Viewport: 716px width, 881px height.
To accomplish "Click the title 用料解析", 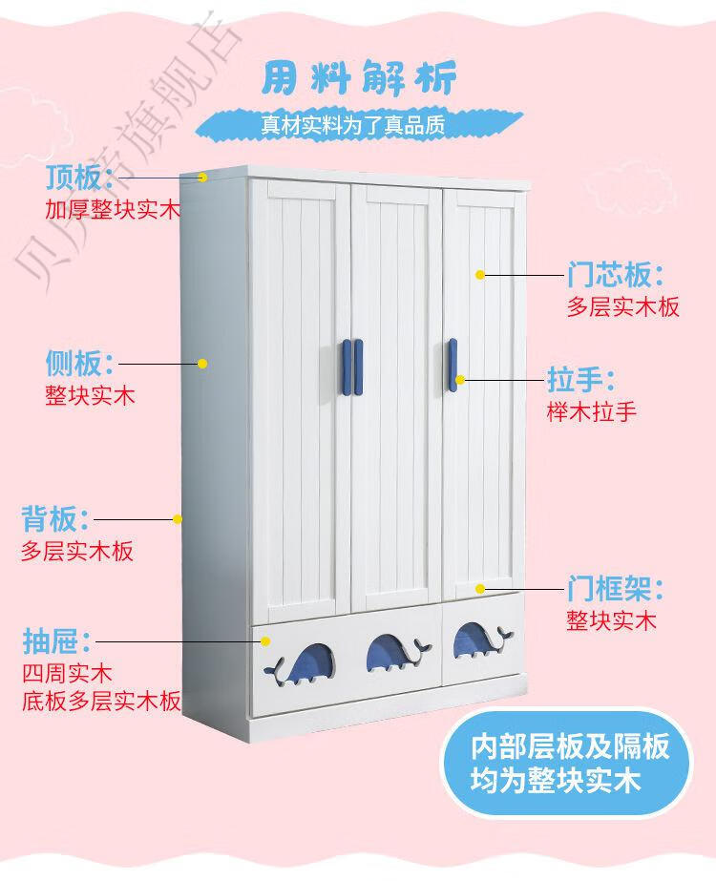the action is click(358, 77).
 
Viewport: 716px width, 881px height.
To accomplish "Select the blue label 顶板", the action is click(74, 178).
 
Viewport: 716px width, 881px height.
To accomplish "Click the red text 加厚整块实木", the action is click(113, 209).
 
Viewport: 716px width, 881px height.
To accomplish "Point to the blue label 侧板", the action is click(74, 364).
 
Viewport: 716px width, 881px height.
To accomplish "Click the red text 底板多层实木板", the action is click(101, 702).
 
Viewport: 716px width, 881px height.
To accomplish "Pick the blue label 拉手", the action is click(574, 380).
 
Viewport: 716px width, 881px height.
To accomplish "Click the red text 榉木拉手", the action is click(591, 411).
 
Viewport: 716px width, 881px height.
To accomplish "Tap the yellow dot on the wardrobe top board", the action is click(203, 177).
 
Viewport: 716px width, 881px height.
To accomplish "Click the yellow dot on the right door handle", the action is click(459, 380).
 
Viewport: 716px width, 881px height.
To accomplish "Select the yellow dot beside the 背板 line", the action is click(178, 519).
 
